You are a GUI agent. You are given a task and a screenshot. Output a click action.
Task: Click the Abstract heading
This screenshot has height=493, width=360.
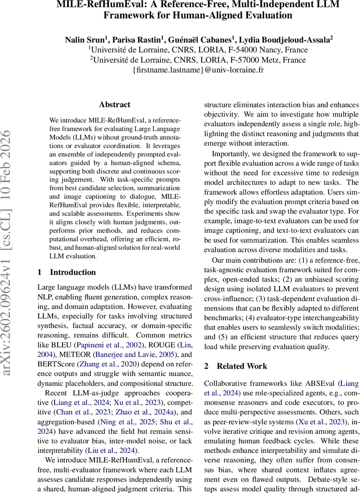(x=115, y=105)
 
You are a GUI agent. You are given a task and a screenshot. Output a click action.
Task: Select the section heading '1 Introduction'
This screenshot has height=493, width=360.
(x=67, y=272)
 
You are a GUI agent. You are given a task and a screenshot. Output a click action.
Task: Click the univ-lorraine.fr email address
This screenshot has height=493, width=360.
(x=198, y=70)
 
